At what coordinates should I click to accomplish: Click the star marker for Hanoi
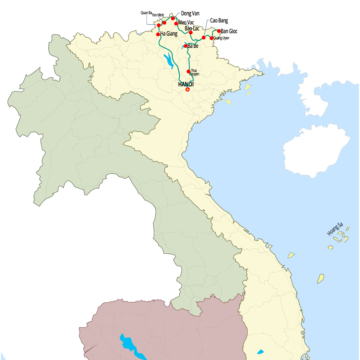point(187,89)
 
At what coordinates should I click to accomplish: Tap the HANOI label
point(186,84)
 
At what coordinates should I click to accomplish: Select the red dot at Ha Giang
point(158,34)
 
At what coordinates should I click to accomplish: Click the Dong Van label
point(190,14)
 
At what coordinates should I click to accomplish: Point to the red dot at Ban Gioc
point(219,31)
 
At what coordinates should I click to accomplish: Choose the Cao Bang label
point(219,21)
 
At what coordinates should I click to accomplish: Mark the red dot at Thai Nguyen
point(188,71)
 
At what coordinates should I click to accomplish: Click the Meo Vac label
point(186,23)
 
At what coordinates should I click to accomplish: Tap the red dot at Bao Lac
point(191,33)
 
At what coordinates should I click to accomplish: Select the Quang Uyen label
point(221,38)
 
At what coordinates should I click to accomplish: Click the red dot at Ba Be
point(185,46)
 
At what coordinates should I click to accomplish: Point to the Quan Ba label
point(146,13)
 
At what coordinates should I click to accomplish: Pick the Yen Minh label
point(158,15)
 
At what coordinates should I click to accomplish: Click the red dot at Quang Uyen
point(212,38)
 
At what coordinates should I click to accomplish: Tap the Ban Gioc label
point(229,31)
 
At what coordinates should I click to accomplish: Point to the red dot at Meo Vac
point(176,23)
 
